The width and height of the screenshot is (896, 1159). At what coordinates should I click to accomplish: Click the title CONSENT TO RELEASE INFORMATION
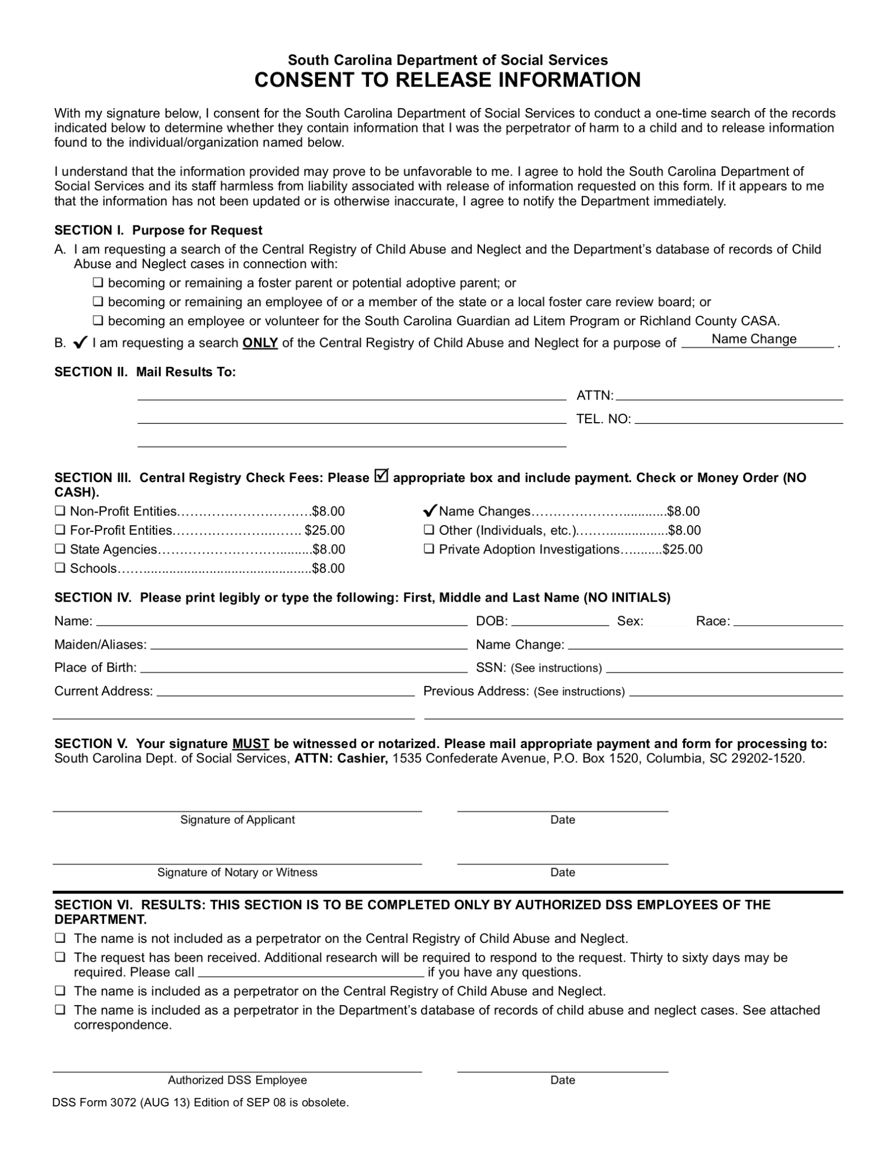(447, 80)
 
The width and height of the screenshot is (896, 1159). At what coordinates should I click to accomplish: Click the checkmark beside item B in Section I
(80, 342)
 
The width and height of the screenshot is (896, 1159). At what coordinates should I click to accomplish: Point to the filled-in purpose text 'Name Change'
(753, 339)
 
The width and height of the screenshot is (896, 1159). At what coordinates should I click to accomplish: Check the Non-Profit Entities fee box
(60, 511)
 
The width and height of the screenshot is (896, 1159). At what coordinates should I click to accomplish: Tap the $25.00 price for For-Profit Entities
(324, 530)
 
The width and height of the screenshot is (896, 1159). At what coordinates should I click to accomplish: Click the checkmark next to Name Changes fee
(430, 511)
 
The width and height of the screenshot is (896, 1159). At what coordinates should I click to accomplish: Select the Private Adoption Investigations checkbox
(429, 549)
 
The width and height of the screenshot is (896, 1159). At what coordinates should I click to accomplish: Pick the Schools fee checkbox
(60, 568)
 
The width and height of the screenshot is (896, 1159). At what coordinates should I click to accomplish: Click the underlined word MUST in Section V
(250, 744)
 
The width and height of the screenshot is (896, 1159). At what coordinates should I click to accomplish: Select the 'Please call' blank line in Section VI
(311, 973)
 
